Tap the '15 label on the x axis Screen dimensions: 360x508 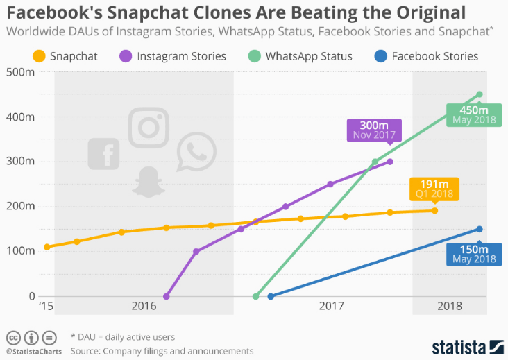tap(46, 306)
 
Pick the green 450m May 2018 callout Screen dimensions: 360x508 tap(471, 114)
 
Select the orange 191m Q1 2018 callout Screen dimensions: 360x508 tap(434, 188)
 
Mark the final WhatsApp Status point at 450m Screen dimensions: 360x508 tap(480, 94)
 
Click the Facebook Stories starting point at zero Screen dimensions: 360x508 tap(271, 296)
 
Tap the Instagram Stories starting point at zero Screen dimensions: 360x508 tap(166, 296)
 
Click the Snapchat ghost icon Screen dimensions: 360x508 tap(147, 182)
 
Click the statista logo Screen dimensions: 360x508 tap(466, 345)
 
